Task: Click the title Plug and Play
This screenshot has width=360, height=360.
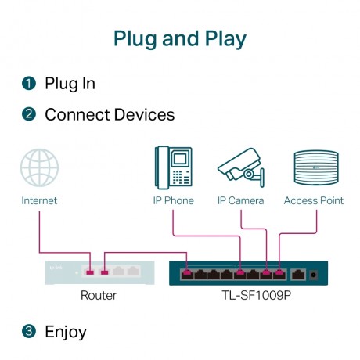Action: coord(180,38)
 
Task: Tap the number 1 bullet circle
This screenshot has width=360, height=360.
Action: coord(29,83)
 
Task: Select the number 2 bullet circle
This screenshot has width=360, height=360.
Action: coord(29,114)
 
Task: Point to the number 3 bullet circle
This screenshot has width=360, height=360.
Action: coord(29,332)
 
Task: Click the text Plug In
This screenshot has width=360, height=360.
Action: coord(70,83)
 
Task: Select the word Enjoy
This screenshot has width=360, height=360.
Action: coord(66,332)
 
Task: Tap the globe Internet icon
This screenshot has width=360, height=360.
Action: coord(39,167)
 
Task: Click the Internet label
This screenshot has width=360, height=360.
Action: coord(39,201)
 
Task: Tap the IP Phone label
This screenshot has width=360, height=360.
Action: coord(173,201)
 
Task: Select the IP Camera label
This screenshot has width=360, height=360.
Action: coord(240,201)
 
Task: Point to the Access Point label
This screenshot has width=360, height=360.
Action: coord(313,201)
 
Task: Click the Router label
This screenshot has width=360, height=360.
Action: coord(99,296)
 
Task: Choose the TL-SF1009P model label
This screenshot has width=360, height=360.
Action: coord(249,296)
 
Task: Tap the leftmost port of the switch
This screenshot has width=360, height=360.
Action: coord(186,274)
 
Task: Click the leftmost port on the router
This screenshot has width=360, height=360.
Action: coord(90,272)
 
